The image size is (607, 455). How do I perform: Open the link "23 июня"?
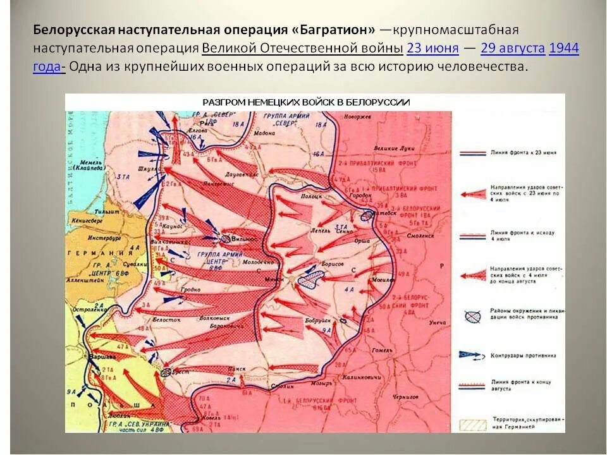pos(432,48)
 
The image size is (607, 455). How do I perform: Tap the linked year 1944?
pos(564,48)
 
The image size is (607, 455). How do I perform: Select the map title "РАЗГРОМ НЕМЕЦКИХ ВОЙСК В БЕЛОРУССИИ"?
pos(306,102)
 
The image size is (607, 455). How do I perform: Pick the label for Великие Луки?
pos(395,148)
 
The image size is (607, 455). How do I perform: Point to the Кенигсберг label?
pos(88,221)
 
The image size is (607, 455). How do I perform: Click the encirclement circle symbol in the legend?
pos(472,317)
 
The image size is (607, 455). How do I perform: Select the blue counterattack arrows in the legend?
pos(472,355)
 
